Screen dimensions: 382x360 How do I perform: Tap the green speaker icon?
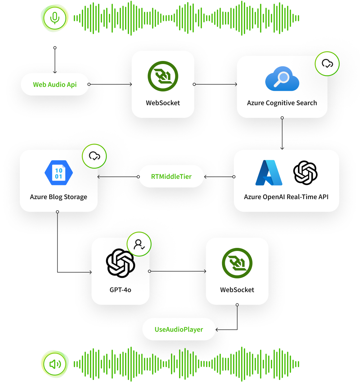tap(55, 364)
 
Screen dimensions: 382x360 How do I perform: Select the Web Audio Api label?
tap(55, 84)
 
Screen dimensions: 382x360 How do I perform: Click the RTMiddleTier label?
tap(171, 176)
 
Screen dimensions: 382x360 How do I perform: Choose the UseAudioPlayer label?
tap(179, 329)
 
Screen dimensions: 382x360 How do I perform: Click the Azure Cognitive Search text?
tap(282, 103)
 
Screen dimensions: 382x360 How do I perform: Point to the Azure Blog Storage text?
tap(59, 197)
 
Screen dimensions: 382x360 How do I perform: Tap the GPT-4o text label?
tap(120, 290)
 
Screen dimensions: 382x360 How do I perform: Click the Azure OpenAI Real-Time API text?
tap(286, 197)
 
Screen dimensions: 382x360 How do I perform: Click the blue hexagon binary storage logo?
tap(59, 172)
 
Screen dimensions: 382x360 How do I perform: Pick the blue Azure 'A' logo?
tap(269, 173)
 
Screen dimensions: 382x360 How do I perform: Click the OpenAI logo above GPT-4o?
tap(120, 263)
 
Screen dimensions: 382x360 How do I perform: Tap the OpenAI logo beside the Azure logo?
tap(305, 173)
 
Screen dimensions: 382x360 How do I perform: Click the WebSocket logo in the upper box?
tap(163, 76)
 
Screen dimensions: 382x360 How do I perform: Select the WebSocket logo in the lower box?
tap(237, 263)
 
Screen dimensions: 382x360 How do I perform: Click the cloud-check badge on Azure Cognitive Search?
tap(327, 63)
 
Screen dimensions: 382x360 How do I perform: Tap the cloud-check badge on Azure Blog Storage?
tap(94, 156)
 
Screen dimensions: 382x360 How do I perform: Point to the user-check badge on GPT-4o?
tap(139, 244)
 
